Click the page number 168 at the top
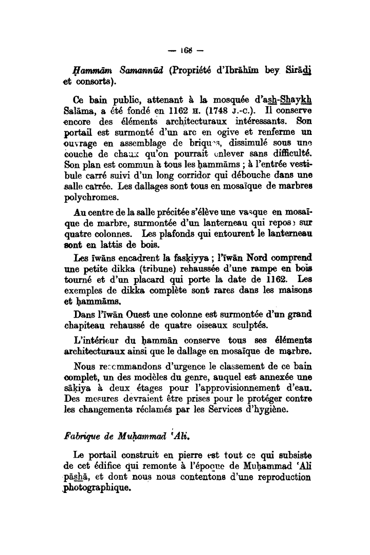tap(185, 52)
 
